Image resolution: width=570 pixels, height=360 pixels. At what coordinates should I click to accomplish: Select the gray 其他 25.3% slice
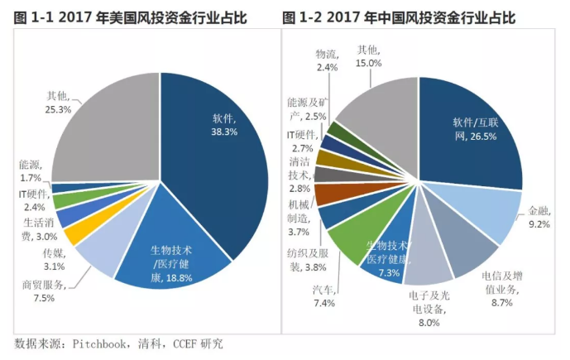click(x=108, y=132)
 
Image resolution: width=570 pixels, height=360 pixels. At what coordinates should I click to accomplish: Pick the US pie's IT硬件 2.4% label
click(x=33, y=199)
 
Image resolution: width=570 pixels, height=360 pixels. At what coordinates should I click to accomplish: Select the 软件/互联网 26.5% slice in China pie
click(x=472, y=132)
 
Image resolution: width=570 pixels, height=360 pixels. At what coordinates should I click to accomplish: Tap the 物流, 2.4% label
click(x=327, y=60)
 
